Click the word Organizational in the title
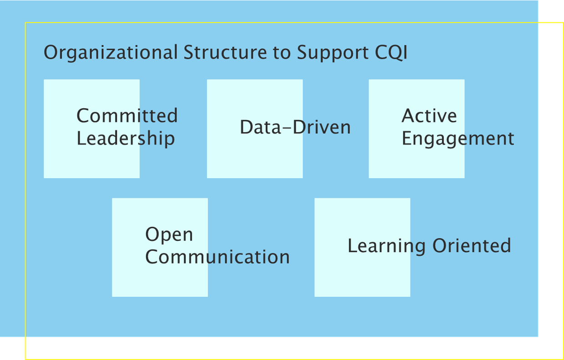tap(111, 53)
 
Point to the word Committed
tap(127, 116)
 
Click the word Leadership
tap(126, 139)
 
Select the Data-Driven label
tap(295, 127)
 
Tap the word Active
tap(429, 116)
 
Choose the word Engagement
tap(458, 139)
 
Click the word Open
tap(169, 235)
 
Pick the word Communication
tap(217, 257)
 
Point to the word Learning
tap(387, 246)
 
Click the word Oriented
tap(471, 246)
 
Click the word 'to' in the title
tap(282, 53)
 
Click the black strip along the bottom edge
tap(273, 348)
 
